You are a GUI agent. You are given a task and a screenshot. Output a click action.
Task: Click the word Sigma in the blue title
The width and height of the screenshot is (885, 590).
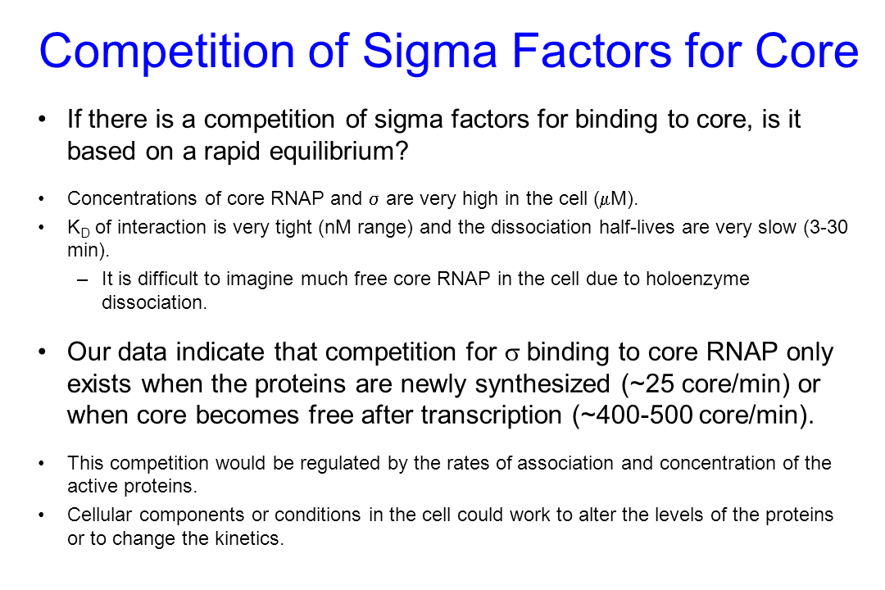click(x=429, y=52)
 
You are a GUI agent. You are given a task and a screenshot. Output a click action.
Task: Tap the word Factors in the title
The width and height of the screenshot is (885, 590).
click(x=592, y=51)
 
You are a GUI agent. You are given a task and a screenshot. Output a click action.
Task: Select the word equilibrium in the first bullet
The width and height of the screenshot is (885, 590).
click(x=338, y=152)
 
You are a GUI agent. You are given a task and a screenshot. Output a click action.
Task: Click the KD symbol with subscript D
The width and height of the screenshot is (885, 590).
click(x=79, y=228)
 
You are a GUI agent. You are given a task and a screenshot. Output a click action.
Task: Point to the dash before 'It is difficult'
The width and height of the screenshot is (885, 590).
click(x=83, y=279)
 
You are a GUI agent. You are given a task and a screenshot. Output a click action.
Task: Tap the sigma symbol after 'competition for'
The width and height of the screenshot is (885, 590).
click(x=512, y=354)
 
